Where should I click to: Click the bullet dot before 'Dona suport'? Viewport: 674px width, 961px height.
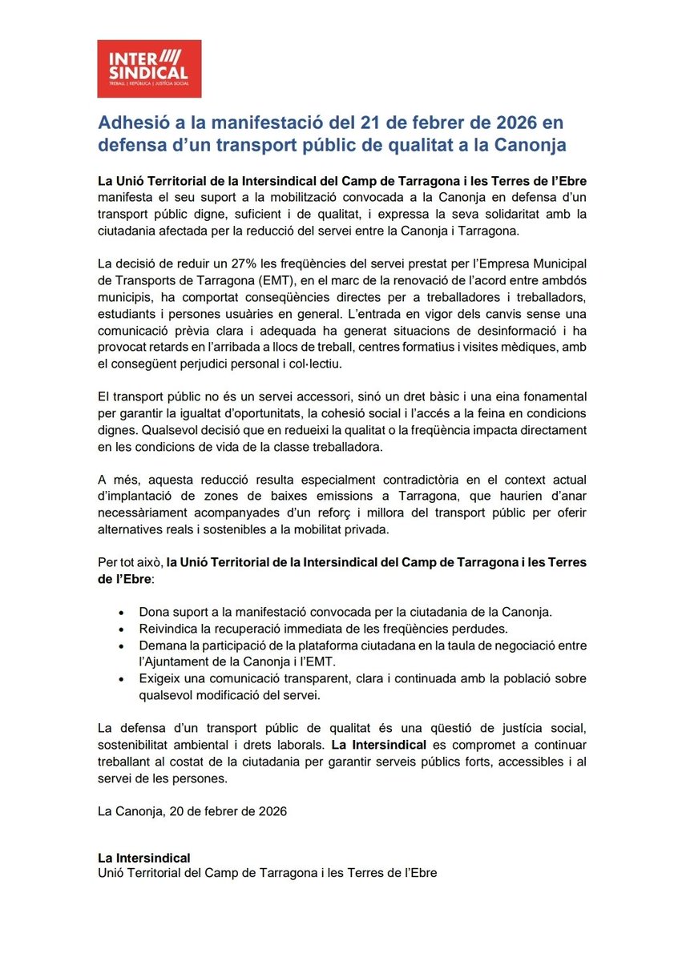[x=120, y=612]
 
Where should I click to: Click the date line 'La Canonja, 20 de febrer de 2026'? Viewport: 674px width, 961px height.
[x=191, y=810]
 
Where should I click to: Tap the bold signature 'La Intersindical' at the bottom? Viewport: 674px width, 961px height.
[x=143, y=858]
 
